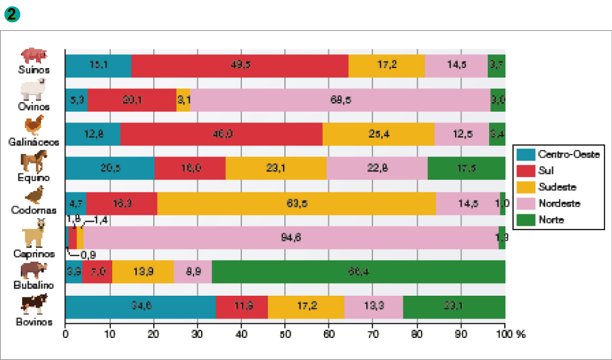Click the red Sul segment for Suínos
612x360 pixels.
[x=240, y=66]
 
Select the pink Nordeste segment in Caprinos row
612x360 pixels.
[x=291, y=238]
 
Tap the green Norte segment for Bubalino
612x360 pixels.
[x=357, y=272]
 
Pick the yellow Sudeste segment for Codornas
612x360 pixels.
[x=296, y=203]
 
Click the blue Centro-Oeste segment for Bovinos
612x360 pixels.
[x=141, y=306]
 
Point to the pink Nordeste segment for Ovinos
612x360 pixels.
[x=340, y=100]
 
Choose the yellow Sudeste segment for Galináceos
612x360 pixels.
[x=378, y=134]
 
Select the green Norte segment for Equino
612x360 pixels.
[x=466, y=169]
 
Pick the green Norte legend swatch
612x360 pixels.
[x=526, y=220]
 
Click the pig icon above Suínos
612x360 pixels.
[x=33, y=55]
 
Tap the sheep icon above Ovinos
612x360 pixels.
[x=33, y=90]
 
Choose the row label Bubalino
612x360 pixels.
[x=34, y=285]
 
